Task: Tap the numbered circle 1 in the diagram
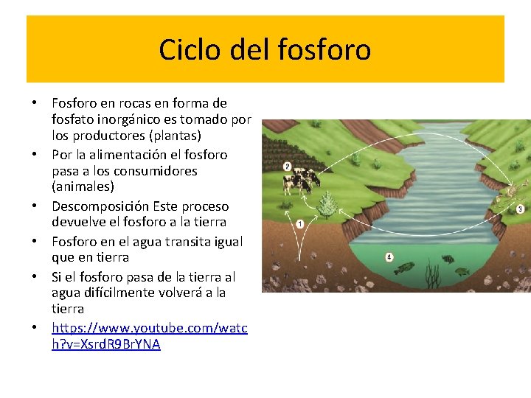pos(300,223)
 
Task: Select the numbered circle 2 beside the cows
pos(287,167)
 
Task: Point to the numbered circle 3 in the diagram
pos(520,209)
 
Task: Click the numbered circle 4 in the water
pos(389,256)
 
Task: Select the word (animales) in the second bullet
pos(83,186)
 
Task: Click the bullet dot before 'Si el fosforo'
pos(34,278)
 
